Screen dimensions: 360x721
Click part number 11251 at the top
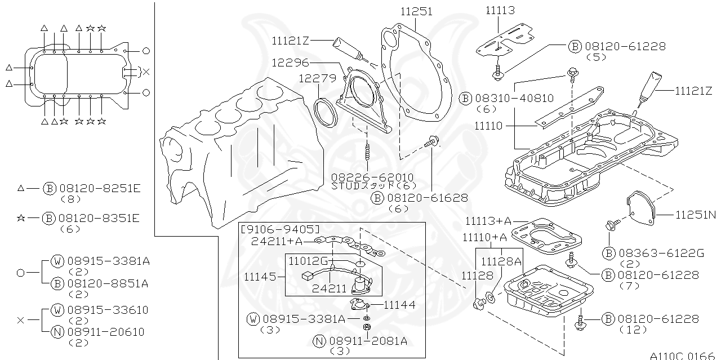[x=417, y=11]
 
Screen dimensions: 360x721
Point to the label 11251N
[x=695, y=215]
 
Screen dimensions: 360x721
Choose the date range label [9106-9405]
[x=280, y=229]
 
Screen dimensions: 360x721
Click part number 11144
[x=400, y=305]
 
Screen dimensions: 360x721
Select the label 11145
[x=260, y=277]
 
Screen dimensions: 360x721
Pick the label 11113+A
[x=488, y=220]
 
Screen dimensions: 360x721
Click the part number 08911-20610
[x=106, y=332]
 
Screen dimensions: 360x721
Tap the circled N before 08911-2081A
[x=319, y=340]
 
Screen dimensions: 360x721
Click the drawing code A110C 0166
[x=681, y=355]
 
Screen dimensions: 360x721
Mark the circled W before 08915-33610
[x=57, y=310]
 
